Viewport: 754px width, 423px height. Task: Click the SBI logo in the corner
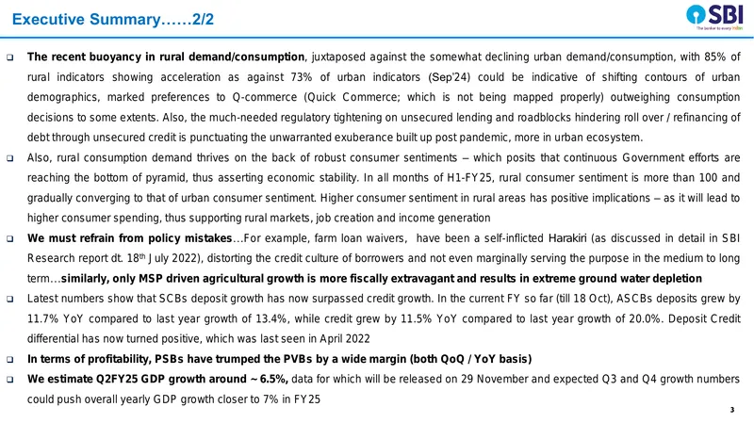coord(714,17)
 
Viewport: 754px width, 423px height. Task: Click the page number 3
coord(732,410)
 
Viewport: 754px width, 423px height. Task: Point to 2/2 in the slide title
coord(203,19)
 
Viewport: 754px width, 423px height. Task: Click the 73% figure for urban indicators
coord(301,77)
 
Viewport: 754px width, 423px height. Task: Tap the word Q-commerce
coord(265,97)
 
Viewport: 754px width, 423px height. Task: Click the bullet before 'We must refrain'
coord(10,239)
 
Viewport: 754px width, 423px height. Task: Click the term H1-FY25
coord(469,178)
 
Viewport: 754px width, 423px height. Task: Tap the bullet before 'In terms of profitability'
coord(10,360)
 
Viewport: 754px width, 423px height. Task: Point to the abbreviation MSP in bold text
coord(150,279)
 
